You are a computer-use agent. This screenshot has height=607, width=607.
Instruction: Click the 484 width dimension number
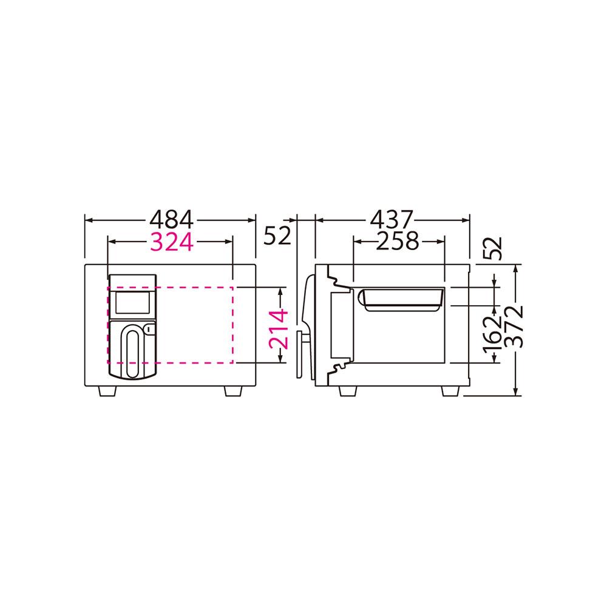click(171, 220)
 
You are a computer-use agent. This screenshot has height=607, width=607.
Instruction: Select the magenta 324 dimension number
click(172, 242)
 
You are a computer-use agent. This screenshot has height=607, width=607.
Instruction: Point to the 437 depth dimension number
click(392, 220)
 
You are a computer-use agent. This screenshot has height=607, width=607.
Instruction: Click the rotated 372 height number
click(515, 327)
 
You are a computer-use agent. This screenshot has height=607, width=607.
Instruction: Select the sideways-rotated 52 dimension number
click(492, 248)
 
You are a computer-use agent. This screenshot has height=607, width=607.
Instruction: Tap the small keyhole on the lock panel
click(150, 329)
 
